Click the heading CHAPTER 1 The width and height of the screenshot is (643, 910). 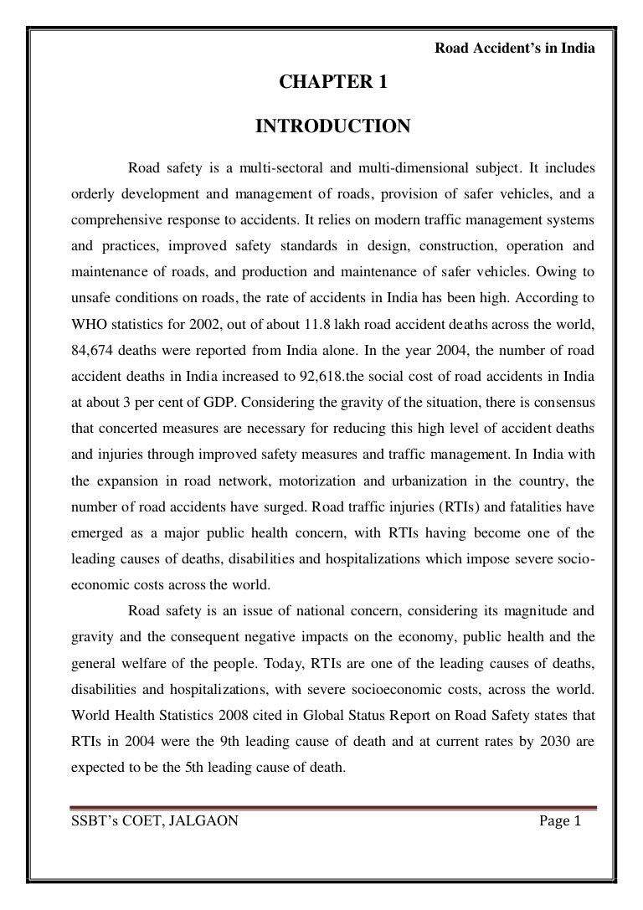click(x=332, y=83)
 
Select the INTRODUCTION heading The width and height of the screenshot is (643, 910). click(x=332, y=126)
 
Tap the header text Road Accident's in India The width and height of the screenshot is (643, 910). click(x=516, y=48)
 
